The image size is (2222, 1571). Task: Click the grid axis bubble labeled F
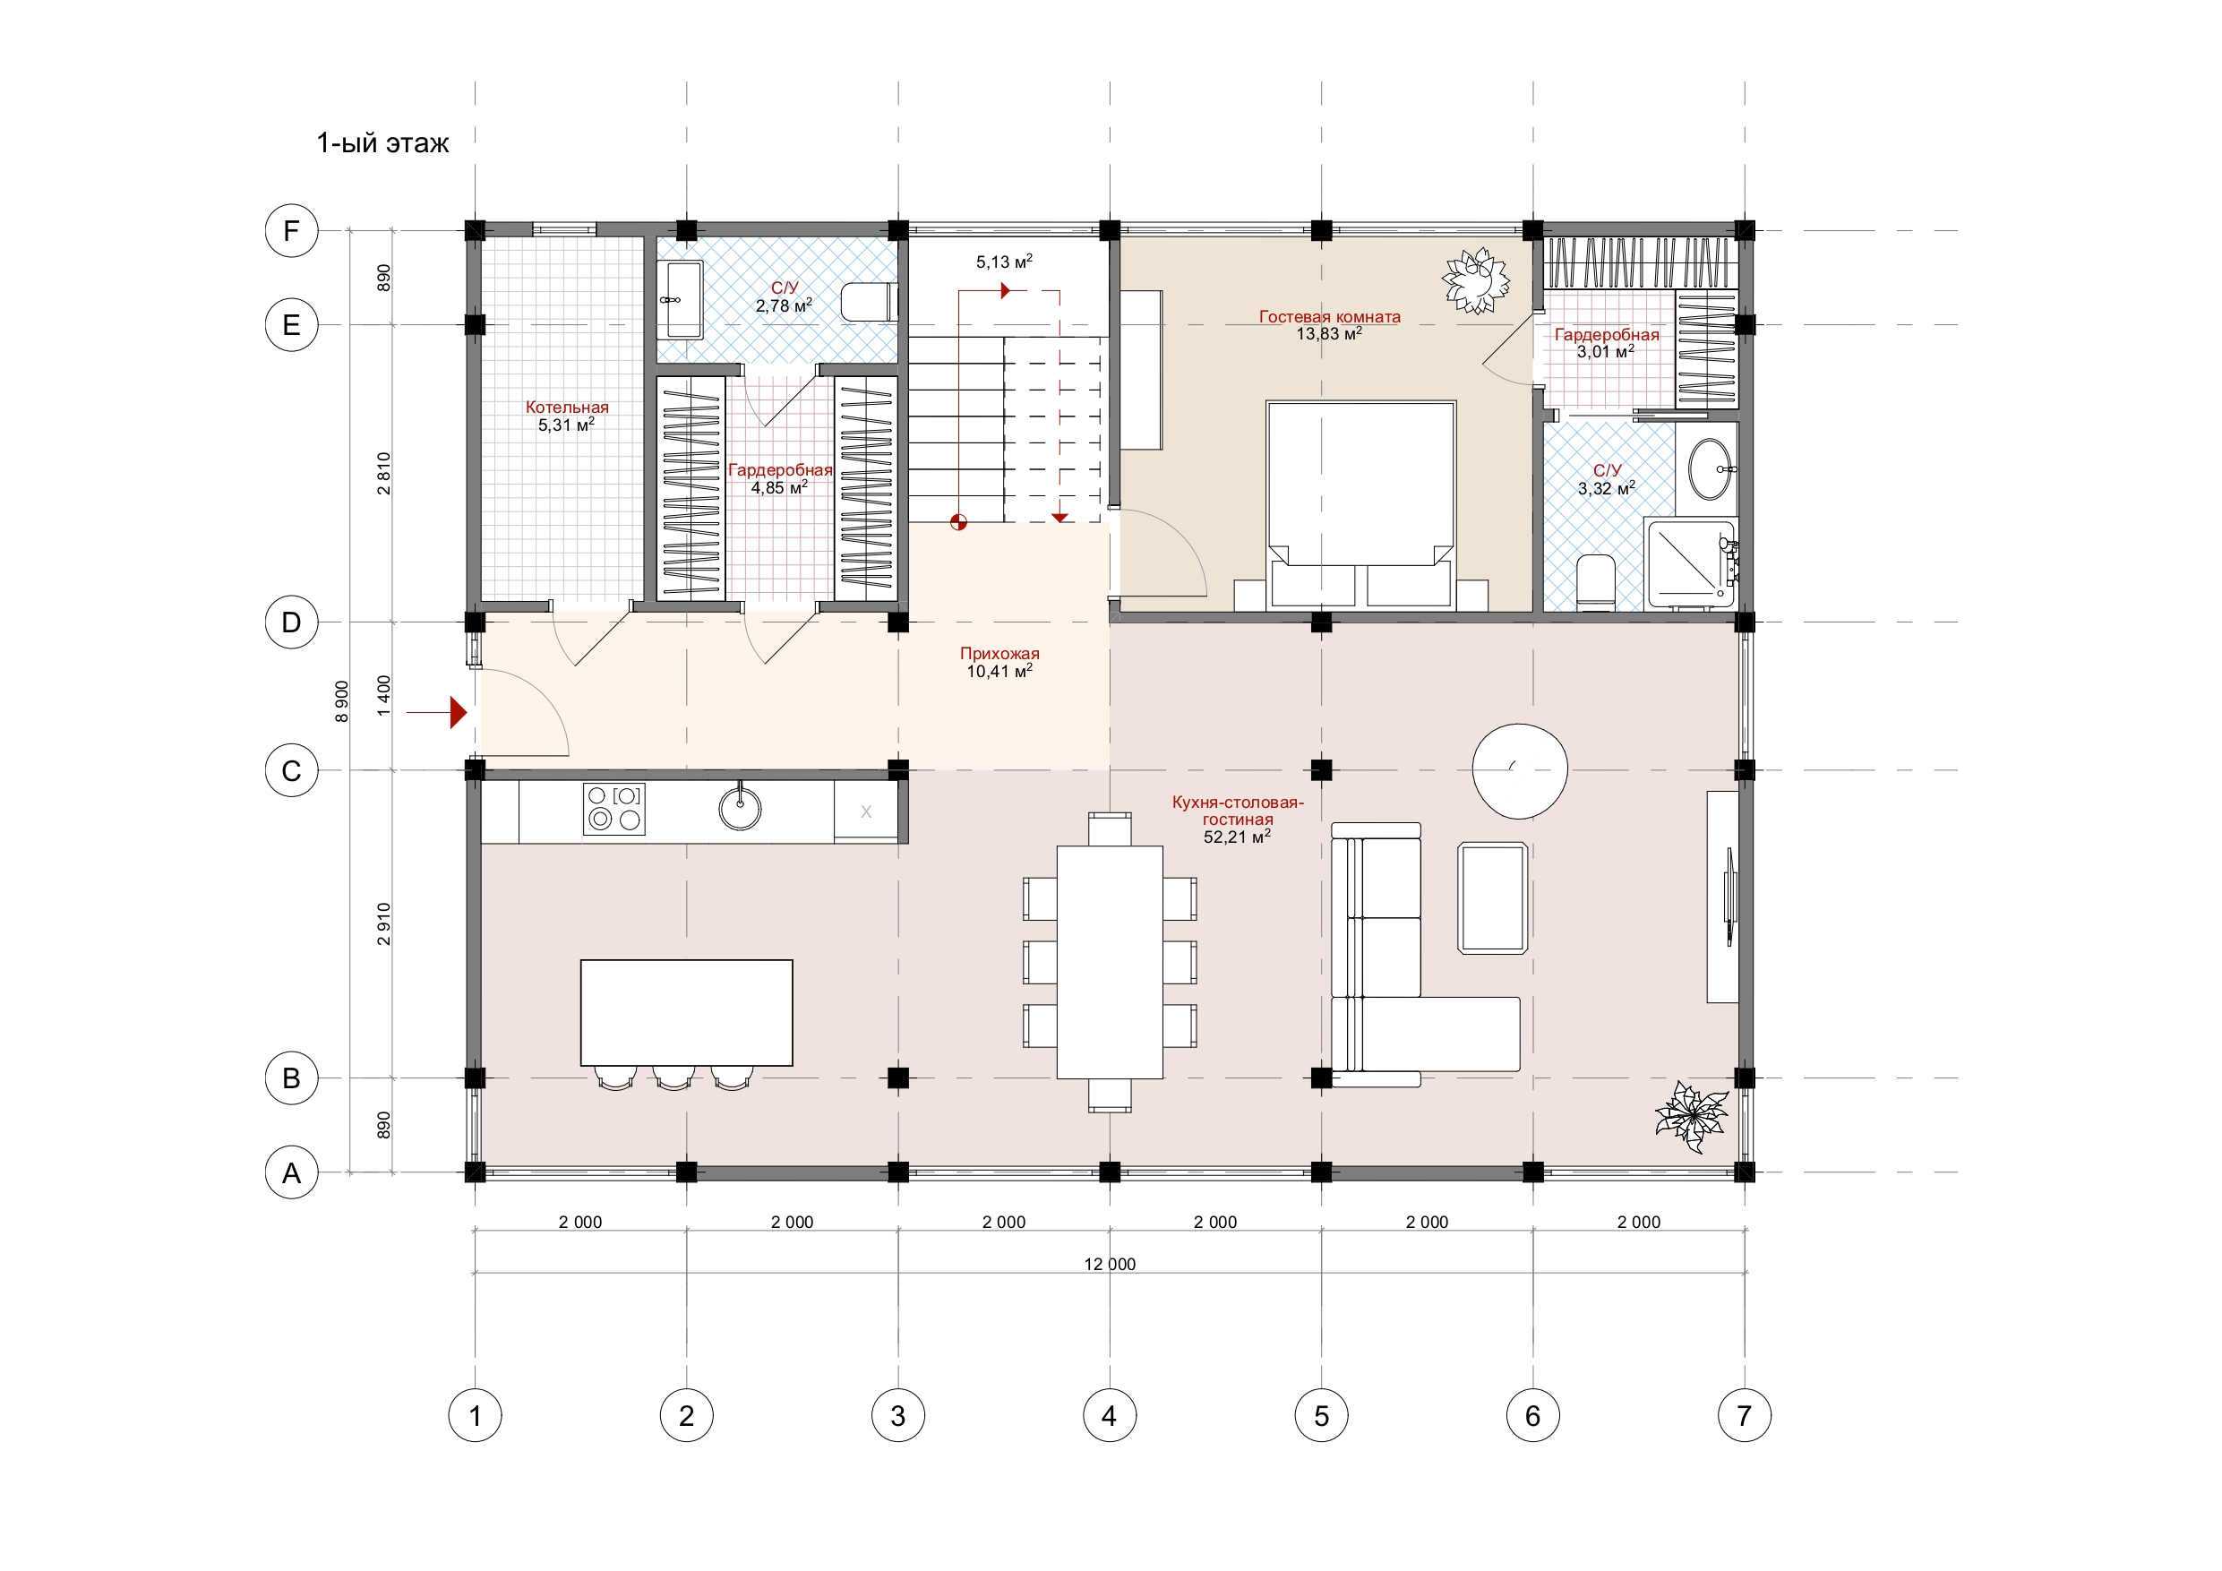point(291,231)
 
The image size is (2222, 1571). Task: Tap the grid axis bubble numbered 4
point(1109,1416)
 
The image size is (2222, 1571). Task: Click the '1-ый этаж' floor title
point(382,143)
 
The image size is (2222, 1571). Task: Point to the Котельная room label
point(567,408)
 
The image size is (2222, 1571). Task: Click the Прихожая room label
point(999,653)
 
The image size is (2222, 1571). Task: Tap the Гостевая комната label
point(1330,316)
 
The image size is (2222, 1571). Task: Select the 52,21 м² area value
point(1237,837)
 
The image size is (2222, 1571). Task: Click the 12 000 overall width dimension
point(1110,1264)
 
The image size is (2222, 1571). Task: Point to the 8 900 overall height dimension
point(341,702)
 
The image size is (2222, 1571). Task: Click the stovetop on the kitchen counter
point(613,808)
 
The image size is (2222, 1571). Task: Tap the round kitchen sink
point(741,808)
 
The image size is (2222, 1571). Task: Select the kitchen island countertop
point(686,1012)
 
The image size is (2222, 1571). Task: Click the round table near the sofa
point(1520,771)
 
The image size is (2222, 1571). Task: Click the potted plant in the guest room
point(1476,280)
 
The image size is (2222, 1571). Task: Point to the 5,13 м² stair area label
point(1004,262)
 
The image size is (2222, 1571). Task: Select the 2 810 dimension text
point(384,473)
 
